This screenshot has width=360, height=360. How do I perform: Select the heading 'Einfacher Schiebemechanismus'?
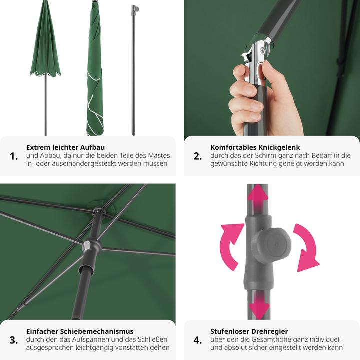80,331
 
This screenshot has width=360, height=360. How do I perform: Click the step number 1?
14,156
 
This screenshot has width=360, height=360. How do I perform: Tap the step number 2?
198,156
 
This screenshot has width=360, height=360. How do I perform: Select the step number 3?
14,340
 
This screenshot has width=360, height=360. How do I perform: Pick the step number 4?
198,340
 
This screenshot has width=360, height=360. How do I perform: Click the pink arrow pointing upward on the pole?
258,195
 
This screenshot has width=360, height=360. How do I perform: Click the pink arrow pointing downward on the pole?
259,308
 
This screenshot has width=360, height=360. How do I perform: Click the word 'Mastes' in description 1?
159,156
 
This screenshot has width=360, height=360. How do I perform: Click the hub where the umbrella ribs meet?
97,211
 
